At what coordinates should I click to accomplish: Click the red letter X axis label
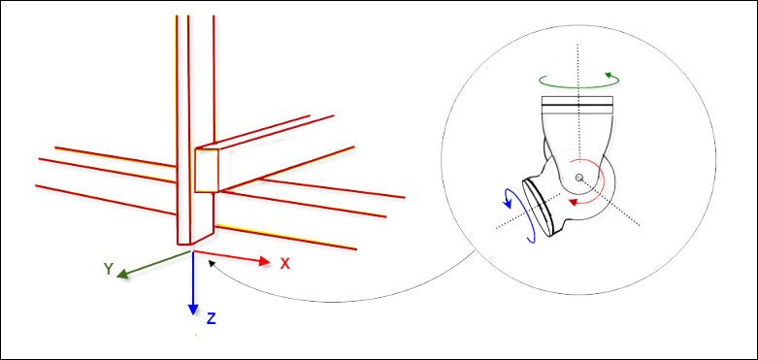pyautogui.click(x=285, y=263)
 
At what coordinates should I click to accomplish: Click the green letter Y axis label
pyautogui.click(x=110, y=268)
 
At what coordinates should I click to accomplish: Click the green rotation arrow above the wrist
pyautogui.click(x=578, y=79)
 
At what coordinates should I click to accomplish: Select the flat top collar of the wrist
pyautogui.click(x=577, y=102)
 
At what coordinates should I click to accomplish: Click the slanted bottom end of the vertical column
pyautogui.click(x=195, y=237)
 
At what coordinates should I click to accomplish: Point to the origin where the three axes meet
pyautogui.click(x=193, y=251)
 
